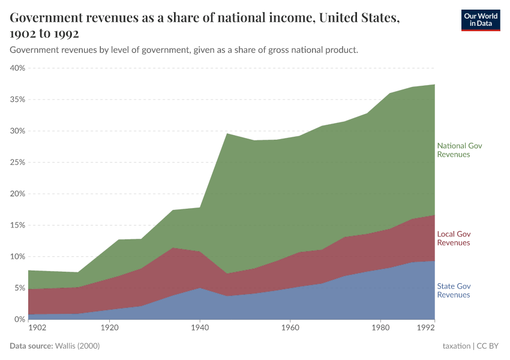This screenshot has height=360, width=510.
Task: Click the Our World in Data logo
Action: pos(480,20)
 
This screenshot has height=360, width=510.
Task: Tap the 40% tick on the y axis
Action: pos(17,68)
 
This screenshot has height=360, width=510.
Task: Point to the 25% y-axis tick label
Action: pos(17,163)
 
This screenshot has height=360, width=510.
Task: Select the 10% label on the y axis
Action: pos(17,257)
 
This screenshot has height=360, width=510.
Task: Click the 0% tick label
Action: pos(19,320)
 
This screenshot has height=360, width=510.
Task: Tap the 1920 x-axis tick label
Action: pos(109,328)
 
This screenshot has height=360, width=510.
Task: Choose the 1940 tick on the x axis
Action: pos(200,328)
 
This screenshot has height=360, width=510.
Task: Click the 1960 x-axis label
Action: pos(290,328)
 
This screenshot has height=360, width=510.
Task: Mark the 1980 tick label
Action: pos(380,328)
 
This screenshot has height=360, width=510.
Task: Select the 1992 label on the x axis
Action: pos(425,328)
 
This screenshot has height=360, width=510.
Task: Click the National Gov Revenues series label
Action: pos(459,150)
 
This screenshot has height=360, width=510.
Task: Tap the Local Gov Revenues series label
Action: pos(454,238)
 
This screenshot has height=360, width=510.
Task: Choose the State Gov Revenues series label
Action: pos(454,290)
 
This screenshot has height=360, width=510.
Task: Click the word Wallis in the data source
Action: pos(66,346)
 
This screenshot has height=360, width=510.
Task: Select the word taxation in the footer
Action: pos(457,346)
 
